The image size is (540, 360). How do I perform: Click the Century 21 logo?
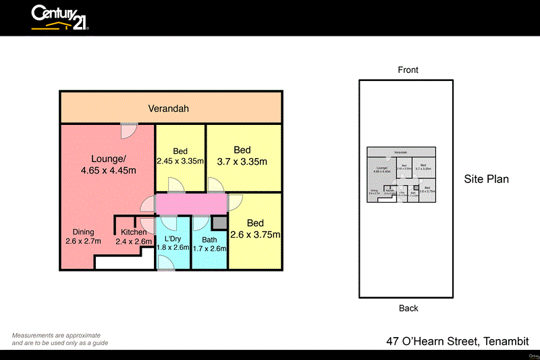[x=59, y=18]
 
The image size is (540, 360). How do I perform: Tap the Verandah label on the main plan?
[x=169, y=108]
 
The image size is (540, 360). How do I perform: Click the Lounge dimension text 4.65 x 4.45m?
[x=109, y=170]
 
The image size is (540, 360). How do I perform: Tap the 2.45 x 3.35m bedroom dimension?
[x=180, y=161]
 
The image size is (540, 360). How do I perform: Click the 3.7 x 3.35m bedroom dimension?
[x=242, y=161]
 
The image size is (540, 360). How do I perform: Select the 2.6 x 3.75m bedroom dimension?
[x=255, y=234]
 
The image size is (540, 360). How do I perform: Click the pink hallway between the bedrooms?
[x=192, y=204]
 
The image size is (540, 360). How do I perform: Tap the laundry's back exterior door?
[x=167, y=265]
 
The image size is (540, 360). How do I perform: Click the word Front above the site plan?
[x=408, y=70]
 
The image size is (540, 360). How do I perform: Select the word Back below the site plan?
[x=408, y=309]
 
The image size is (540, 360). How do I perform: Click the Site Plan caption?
[x=486, y=179]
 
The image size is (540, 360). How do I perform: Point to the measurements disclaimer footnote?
[x=59, y=339]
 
